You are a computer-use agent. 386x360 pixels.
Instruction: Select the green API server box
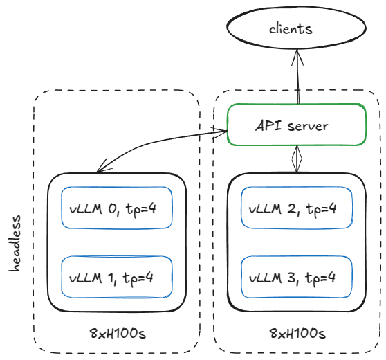pyautogui.click(x=297, y=125)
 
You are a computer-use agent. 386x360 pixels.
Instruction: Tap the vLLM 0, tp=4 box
pyautogui.click(x=116, y=207)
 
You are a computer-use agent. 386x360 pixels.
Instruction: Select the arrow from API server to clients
pyautogui.click(x=297, y=80)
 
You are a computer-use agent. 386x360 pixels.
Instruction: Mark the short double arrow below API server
pyautogui.click(x=298, y=159)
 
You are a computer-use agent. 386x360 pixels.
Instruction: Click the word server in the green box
pyautogui.click(x=310, y=126)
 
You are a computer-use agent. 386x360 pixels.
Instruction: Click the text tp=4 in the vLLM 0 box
pyautogui.click(x=138, y=208)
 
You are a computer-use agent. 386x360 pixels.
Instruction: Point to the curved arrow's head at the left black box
pyautogui.click(x=101, y=168)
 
